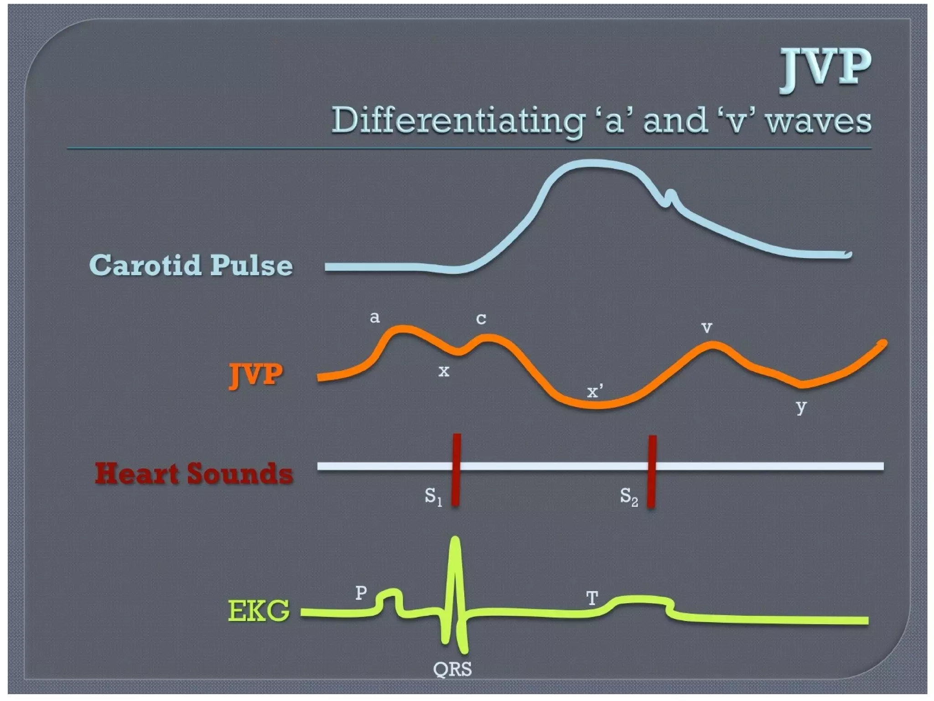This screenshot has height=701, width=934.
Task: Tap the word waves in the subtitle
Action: click(x=819, y=121)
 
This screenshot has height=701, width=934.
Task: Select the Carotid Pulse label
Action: click(x=191, y=265)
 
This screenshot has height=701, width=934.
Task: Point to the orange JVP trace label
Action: click(x=255, y=375)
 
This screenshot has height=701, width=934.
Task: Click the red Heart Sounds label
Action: click(x=194, y=473)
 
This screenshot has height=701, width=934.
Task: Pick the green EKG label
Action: click(x=259, y=611)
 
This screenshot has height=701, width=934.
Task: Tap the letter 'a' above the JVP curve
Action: click(x=374, y=317)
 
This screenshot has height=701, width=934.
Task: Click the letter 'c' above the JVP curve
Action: click(x=481, y=319)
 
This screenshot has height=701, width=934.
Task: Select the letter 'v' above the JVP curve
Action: click(x=706, y=327)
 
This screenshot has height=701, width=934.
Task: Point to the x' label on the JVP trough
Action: click(x=594, y=391)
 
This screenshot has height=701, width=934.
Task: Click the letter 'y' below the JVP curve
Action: click(x=801, y=406)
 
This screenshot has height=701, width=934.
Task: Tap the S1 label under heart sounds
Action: click(x=433, y=496)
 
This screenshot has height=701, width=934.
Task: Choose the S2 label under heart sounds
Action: click(x=628, y=497)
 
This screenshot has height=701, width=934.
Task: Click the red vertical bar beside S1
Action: click(x=456, y=470)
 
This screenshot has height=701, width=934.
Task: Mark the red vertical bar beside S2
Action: click(x=652, y=471)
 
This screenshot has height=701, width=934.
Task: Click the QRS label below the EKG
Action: click(x=452, y=669)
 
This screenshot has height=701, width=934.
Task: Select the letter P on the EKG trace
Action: click(x=361, y=593)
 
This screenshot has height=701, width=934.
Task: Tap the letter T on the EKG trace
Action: click(x=592, y=597)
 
